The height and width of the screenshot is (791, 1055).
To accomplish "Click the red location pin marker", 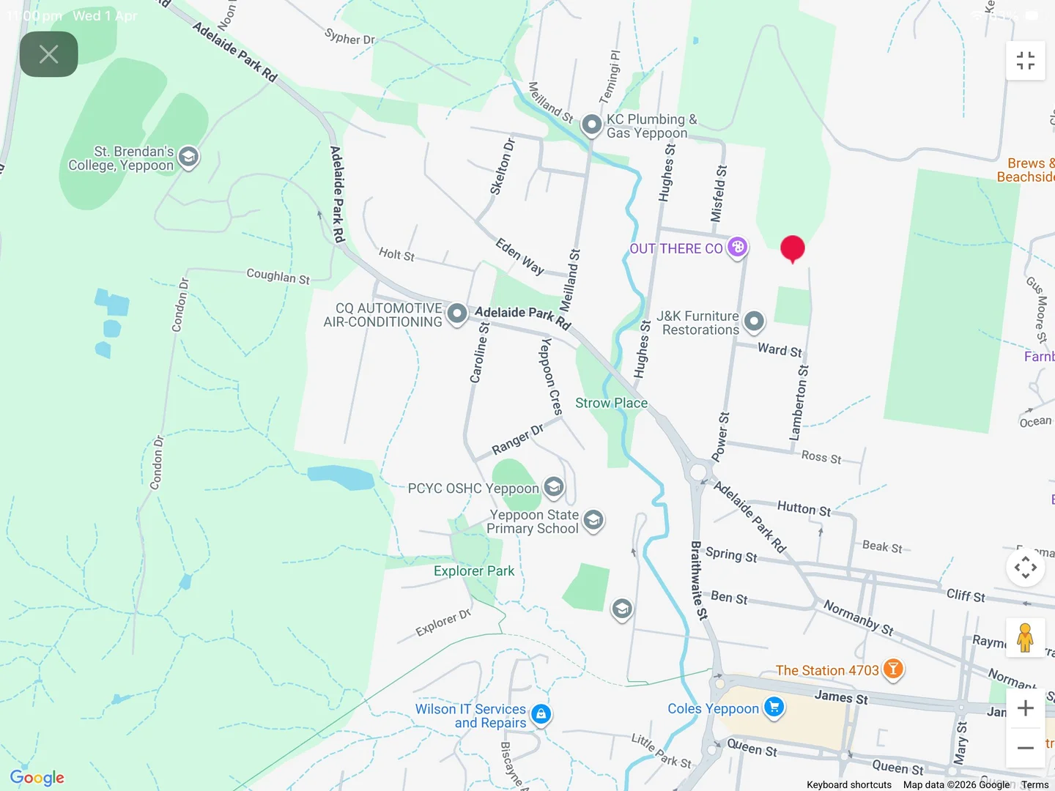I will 792,248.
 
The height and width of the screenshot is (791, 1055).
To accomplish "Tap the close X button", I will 49,54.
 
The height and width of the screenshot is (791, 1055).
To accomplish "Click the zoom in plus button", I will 1026,708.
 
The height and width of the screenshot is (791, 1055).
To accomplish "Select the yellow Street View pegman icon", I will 1026,638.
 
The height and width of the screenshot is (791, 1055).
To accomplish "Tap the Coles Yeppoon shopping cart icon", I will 774,708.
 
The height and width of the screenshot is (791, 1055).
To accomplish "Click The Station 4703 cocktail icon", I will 892,669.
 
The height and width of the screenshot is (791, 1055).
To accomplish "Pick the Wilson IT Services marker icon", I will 541,714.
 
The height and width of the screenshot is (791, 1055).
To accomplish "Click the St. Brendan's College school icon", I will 188,157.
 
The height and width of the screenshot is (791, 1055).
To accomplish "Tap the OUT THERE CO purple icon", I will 738,248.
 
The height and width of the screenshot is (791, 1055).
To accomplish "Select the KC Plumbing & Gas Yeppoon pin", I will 591,125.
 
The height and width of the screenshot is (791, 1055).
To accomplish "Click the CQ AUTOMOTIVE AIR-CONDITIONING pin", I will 457,314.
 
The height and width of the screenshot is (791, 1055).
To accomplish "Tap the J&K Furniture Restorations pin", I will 754,322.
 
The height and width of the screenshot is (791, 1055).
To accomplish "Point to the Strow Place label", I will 611,403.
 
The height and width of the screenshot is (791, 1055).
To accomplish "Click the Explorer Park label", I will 474,571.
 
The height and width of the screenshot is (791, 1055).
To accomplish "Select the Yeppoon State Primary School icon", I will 593,521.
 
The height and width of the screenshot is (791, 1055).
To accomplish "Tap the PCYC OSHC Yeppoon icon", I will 554,487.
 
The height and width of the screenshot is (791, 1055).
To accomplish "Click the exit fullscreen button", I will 1026,61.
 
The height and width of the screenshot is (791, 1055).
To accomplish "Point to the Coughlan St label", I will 278,276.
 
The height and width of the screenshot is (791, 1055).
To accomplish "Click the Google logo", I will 37,778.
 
